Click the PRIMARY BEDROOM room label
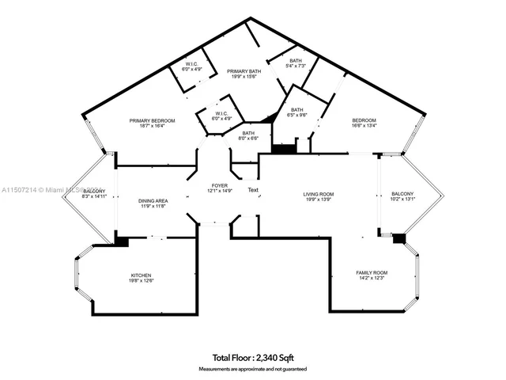pyautogui.click(x=153, y=120)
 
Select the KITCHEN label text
pyautogui.click(x=142, y=275)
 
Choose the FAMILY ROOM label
pyautogui.click(x=372, y=272)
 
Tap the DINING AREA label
pyautogui.click(x=153, y=200)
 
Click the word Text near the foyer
pyautogui.click(x=253, y=191)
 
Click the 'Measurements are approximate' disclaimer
pyautogui.click(x=252, y=369)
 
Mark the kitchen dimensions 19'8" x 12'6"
pyautogui.click(x=142, y=280)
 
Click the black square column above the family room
pyautogui.click(x=399, y=237)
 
